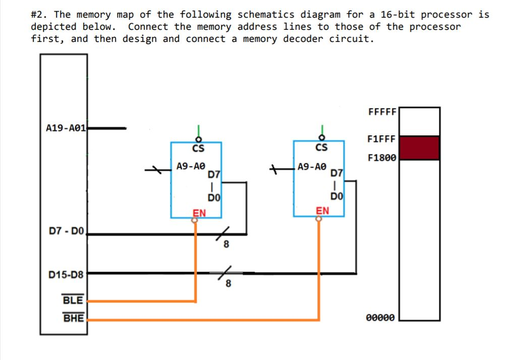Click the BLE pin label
pos(73,300)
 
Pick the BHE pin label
pos(73,318)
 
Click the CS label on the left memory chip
pos(198,148)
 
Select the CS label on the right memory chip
pos(321,147)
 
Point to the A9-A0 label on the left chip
pos(191,166)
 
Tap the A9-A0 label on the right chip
pos(312,166)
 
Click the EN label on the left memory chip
pos(200,213)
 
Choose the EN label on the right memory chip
pos(322,211)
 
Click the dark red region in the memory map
pos(419,148)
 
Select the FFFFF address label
pos(382,112)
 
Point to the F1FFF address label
pos(382,138)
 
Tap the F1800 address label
pos(382,158)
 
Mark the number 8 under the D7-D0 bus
pos(227,245)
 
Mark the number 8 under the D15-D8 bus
pos(229,284)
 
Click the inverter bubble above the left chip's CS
pos(198,138)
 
